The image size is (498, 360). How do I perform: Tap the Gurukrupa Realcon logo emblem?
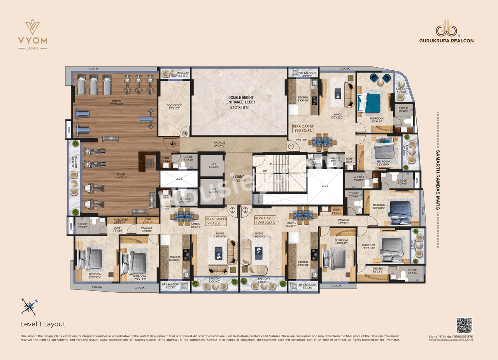pos(446,31)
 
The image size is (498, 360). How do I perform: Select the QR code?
pos(464,325)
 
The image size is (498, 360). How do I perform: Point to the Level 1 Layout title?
pos(43,324)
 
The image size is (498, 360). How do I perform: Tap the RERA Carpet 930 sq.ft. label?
pos(303,129)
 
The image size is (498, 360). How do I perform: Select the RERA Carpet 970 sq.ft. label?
pos(216,221)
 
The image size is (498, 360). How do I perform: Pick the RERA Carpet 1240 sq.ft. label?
pos(265,220)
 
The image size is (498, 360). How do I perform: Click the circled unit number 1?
pos(291,147)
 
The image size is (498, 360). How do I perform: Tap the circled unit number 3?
pos(233,210)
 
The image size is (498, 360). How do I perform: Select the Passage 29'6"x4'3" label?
pos(219,144)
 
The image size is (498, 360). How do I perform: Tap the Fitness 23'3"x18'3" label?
pos(111,103)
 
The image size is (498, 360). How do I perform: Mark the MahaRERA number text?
pos(451,336)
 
